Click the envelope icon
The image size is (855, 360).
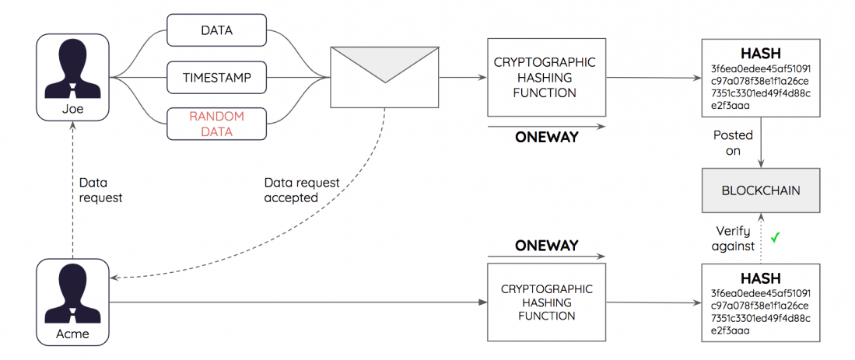(x=384, y=77)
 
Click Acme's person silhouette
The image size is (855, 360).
(x=72, y=292)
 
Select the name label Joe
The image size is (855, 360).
(x=72, y=109)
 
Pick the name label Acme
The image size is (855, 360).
(x=72, y=334)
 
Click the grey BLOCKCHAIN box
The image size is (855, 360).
(x=761, y=190)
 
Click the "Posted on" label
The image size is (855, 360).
(x=733, y=143)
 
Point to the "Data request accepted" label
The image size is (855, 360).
(x=302, y=190)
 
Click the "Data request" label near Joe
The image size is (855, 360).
(x=101, y=190)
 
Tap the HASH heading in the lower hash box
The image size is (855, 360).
(x=761, y=278)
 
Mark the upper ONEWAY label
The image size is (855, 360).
(x=546, y=137)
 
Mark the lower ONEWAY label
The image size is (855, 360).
(x=546, y=245)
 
